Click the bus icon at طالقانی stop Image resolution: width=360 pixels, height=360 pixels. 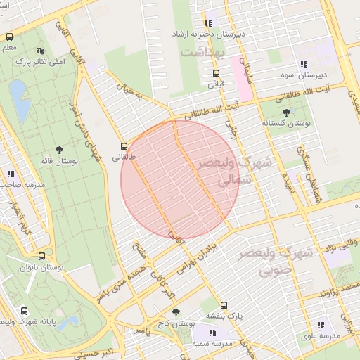pos(124,147)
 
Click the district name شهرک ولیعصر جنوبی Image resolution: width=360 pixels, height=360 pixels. pos(276,261)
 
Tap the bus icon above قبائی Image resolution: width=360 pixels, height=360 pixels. pos(216,72)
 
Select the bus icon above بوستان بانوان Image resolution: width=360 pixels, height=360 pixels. pos(41,257)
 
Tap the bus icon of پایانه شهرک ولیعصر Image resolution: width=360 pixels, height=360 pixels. pos(25,310)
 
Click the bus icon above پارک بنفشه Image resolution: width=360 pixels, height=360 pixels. pos(224,305)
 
